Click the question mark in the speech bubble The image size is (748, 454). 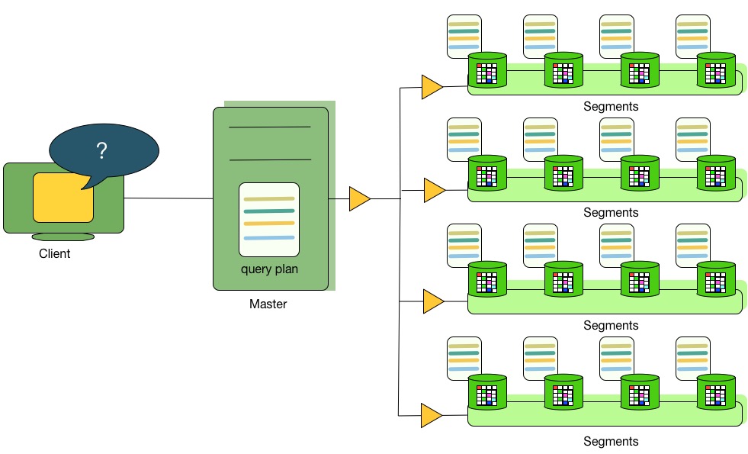[x=101, y=151]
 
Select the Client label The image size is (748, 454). [x=54, y=254]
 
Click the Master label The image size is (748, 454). [x=268, y=304]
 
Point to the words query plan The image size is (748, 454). [x=268, y=269]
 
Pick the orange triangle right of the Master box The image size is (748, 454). [x=359, y=199]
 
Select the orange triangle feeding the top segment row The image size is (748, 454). [x=432, y=87]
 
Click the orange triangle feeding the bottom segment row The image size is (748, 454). [x=431, y=416]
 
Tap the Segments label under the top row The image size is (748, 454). [x=610, y=107]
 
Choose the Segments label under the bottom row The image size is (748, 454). [x=610, y=441]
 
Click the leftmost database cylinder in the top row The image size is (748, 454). [x=487, y=70]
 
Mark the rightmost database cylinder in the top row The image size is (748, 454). [x=716, y=70]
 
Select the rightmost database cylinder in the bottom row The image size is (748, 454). [x=716, y=392]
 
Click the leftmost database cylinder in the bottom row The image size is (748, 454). [x=487, y=392]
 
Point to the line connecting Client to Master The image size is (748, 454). [x=168, y=199]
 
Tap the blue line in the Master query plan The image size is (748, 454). [x=268, y=238]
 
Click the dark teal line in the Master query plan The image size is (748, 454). [x=268, y=211]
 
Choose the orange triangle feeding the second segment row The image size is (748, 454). [x=434, y=190]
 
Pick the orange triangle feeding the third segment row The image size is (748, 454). [x=432, y=301]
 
